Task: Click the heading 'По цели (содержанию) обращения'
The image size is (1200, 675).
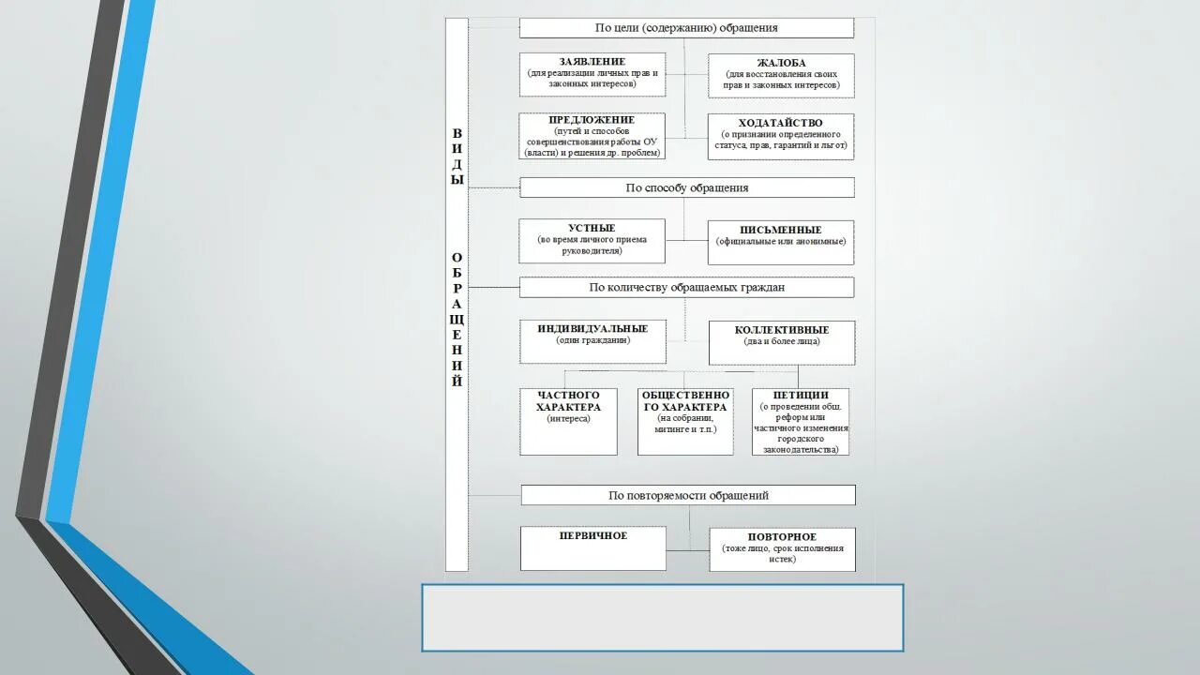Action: tap(686, 28)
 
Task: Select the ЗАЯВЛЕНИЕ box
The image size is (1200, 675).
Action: tap(592, 74)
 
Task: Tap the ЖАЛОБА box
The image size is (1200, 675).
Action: tap(781, 75)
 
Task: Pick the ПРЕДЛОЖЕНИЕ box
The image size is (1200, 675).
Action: tap(592, 136)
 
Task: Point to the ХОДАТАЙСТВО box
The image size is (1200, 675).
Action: tap(781, 137)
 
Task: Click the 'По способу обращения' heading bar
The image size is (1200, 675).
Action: tap(687, 187)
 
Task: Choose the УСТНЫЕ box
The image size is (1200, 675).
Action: tap(592, 241)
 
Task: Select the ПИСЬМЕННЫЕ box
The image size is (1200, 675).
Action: tap(781, 242)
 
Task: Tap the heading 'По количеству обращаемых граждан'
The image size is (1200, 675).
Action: tap(687, 287)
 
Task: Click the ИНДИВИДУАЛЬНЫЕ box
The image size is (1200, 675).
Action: tap(593, 341)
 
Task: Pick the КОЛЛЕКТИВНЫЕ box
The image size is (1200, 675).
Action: tap(782, 342)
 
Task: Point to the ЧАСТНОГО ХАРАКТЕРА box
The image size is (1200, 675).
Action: tap(568, 421)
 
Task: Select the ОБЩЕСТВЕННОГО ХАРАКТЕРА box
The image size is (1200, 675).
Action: tap(685, 421)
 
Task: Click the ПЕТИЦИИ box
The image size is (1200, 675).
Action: tap(801, 421)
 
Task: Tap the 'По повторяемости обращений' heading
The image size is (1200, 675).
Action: tap(688, 495)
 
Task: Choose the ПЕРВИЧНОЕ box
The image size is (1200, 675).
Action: tap(593, 547)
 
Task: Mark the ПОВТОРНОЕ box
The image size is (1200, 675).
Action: tap(783, 548)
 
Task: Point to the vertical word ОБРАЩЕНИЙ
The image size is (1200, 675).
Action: tap(457, 320)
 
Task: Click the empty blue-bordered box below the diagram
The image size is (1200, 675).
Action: tap(663, 618)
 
